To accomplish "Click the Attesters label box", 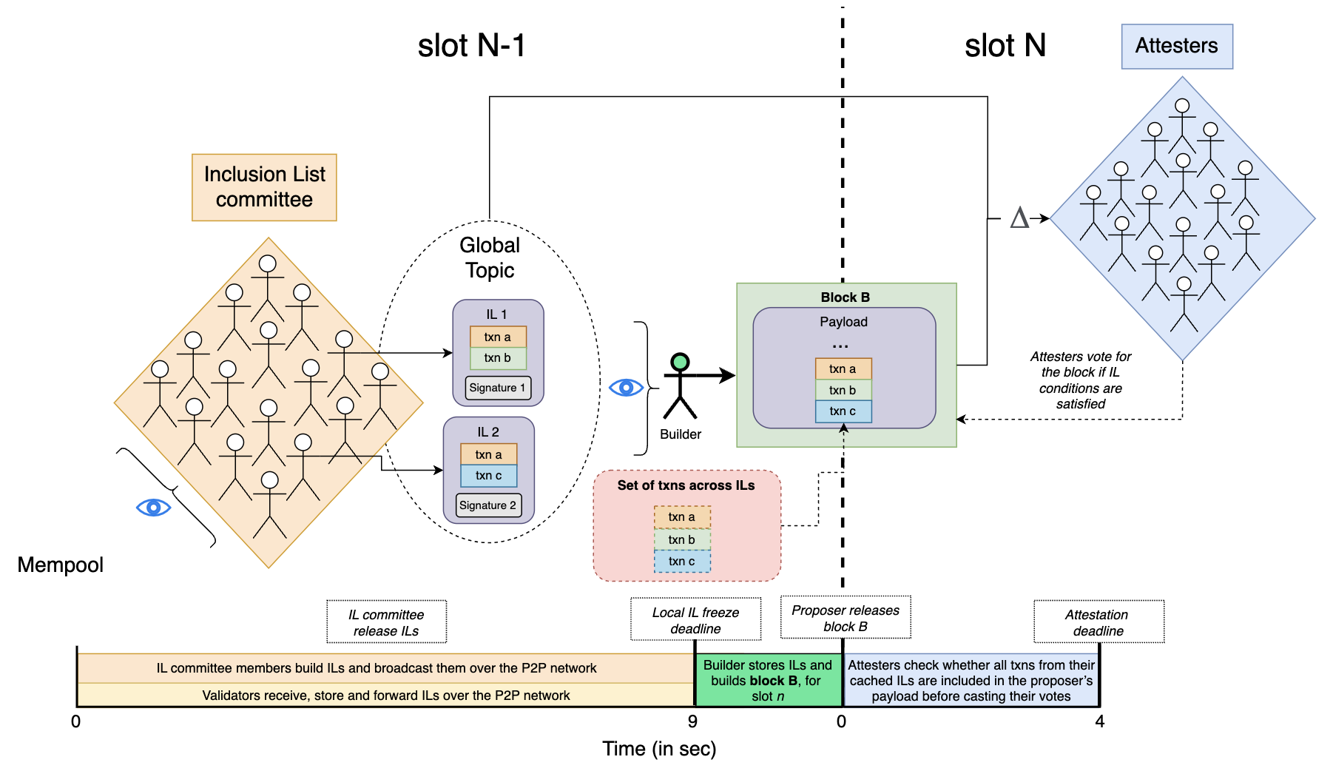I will [1176, 46].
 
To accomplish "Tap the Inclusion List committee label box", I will [264, 187].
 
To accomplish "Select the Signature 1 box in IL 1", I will [498, 388].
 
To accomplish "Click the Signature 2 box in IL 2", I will [488, 505].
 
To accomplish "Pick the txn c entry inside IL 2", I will [488, 476].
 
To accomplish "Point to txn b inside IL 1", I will [498, 358].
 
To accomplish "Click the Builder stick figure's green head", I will [680, 362].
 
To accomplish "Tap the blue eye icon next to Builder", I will [626, 387].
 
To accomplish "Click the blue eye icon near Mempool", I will [154, 508].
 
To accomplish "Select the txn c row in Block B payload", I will [843, 411].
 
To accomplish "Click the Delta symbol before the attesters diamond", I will [1019, 218].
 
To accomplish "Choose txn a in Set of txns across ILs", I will [682, 517].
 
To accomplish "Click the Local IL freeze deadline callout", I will [695, 620].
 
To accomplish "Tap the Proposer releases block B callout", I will [846, 618].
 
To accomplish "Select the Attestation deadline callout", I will [1099, 622].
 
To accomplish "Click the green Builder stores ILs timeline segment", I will [768, 680].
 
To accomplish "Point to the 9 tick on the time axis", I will [692, 721].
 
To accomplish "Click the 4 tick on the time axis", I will [1100, 721].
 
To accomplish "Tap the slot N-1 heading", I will [471, 46].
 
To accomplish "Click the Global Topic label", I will [490, 257].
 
